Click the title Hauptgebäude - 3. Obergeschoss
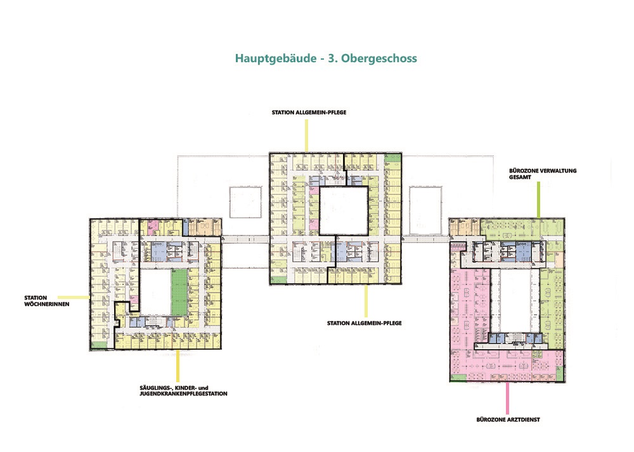pyautogui.click(x=326, y=58)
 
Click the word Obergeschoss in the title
pyautogui.click(x=379, y=59)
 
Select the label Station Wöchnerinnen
pyautogui.click(x=46, y=301)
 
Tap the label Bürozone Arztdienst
pyautogui.click(x=508, y=420)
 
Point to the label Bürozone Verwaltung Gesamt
pyautogui.click(x=543, y=174)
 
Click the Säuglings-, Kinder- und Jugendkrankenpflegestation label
pyautogui.click(x=184, y=391)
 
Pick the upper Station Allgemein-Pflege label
pyautogui.click(x=309, y=112)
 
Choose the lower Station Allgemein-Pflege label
pyautogui.click(x=365, y=323)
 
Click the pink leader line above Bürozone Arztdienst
pyautogui.click(x=507, y=398)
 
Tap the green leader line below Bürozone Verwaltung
pyautogui.click(x=538, y=200)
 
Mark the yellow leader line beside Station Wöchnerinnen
pyautogui.click(x=74, y=297)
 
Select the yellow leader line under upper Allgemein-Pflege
pyautogui.click(x=306, y=135)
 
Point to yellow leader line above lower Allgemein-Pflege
pyautogui.click(x=366, y=301)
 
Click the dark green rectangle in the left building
pyautogui.click(x=179, y=293)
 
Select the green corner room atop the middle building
pyautogui.click(x=392, y=158)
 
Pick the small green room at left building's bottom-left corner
pyautogui.click(x=98, y=345)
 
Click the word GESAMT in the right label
pyautogui.click(x=520, y=177)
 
